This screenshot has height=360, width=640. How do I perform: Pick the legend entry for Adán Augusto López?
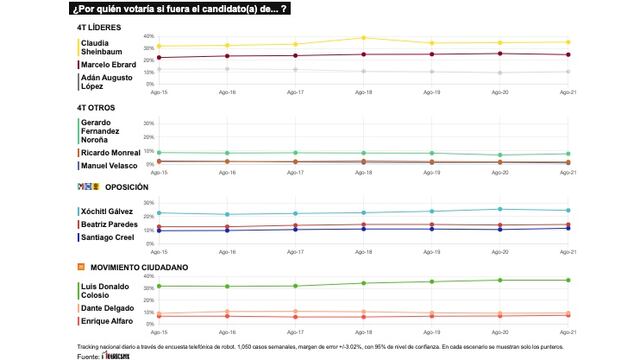tap(105, 82)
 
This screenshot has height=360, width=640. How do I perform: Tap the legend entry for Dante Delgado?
tap(109, 307)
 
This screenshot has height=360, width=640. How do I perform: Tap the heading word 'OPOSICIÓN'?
tap(126, 187)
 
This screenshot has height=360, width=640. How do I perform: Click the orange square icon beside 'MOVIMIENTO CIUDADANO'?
tap(80, 267)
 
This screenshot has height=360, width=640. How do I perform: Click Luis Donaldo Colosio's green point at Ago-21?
tap(568, 280)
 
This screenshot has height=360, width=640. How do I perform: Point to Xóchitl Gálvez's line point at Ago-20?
tap(500, 209)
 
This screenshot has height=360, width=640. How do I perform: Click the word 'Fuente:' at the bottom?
tap(88, 355)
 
